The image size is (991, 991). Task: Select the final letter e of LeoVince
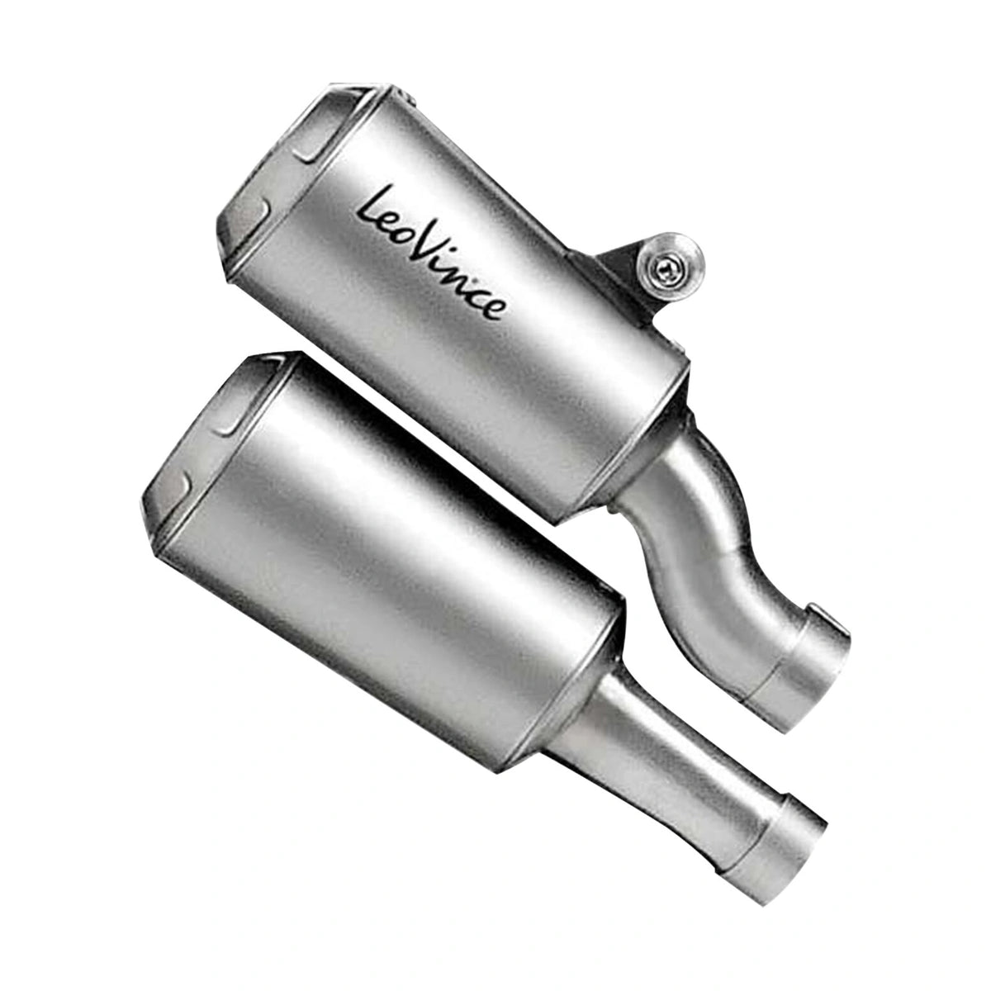[493, 309]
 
